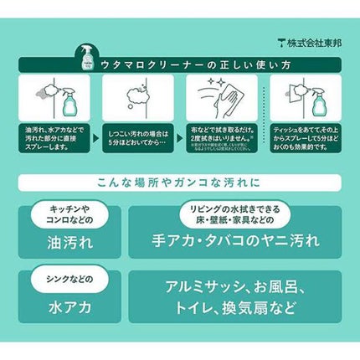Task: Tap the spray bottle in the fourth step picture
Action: tap(319, 102)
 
